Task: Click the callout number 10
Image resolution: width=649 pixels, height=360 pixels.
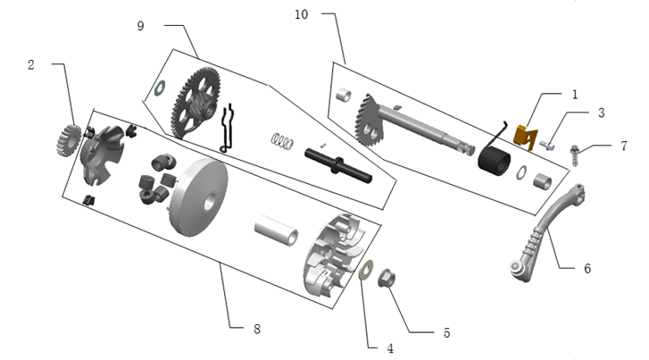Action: coord(302,15)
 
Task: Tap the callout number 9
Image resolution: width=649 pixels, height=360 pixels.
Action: coord(141,26)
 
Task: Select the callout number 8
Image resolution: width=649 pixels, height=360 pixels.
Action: coord(257,329)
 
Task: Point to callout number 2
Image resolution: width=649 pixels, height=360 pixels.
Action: coord(31,64)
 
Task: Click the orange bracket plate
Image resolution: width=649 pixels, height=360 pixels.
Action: coord(526,137)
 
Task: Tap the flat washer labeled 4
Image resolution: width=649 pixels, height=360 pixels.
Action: coord(366,270)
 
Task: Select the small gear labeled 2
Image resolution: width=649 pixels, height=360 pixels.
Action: coord(68,140)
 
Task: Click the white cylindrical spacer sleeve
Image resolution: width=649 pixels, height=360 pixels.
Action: coord(276,230)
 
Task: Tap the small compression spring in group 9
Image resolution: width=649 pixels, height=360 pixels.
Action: coord(282,141)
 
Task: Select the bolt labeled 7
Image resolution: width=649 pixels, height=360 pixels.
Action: coord(575,155)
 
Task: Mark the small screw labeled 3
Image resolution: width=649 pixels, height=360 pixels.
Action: coord(547,145)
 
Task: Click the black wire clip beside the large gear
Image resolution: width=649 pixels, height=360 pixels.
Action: coord(228,129)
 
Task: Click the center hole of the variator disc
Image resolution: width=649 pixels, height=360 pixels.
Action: coord(210,201)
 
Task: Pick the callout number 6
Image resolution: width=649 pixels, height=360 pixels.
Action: coord(587,269)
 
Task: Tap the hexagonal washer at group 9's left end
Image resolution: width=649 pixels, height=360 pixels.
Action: coord(160,88)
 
